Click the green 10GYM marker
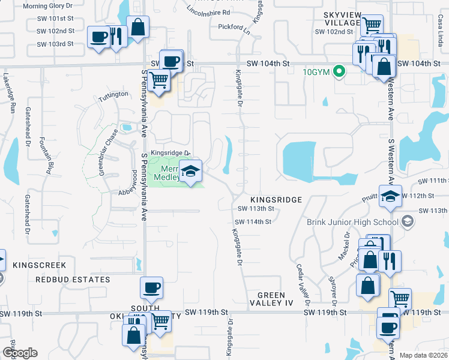[x=339, y=72]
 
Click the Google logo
[x=20, y=353]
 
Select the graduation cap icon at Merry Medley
[x=191, y=172]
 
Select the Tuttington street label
[x=113, y=95]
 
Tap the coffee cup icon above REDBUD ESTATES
[x=151, y=287]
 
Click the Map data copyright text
[x=423, y=355]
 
